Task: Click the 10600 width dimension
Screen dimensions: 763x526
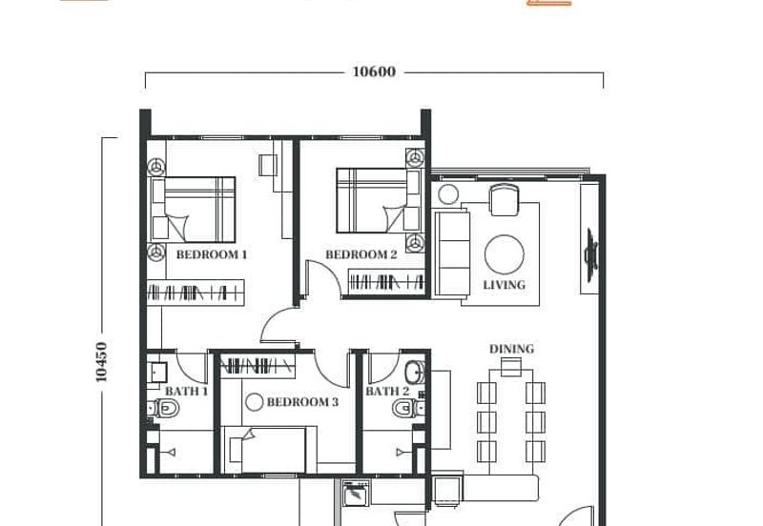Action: point(374,72)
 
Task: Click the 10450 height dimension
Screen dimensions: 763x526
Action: point(101,362)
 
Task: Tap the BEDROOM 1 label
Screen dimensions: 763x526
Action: point(211,254)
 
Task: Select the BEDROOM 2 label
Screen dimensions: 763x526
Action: point(361,254)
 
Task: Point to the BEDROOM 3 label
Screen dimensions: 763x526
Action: point(302,402)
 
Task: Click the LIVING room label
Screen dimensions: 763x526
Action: point(505,285)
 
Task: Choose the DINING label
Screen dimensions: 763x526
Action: point(511,349)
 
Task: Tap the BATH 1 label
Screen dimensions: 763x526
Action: point(186,391)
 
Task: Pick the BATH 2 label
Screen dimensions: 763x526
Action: point(387,391)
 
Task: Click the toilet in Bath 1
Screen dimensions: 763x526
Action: point(163,408)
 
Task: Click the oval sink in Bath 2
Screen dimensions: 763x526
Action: point(415,373)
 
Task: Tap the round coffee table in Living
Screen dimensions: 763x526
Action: point(505,254)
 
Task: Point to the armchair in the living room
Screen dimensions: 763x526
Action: point(505,200)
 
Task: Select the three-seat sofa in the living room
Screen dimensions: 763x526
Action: point(452,253)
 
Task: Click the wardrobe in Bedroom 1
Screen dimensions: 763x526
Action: point(196,293)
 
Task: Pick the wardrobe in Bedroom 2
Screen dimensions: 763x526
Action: point(387,281)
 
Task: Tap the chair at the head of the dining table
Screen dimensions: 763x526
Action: point(511,367)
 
